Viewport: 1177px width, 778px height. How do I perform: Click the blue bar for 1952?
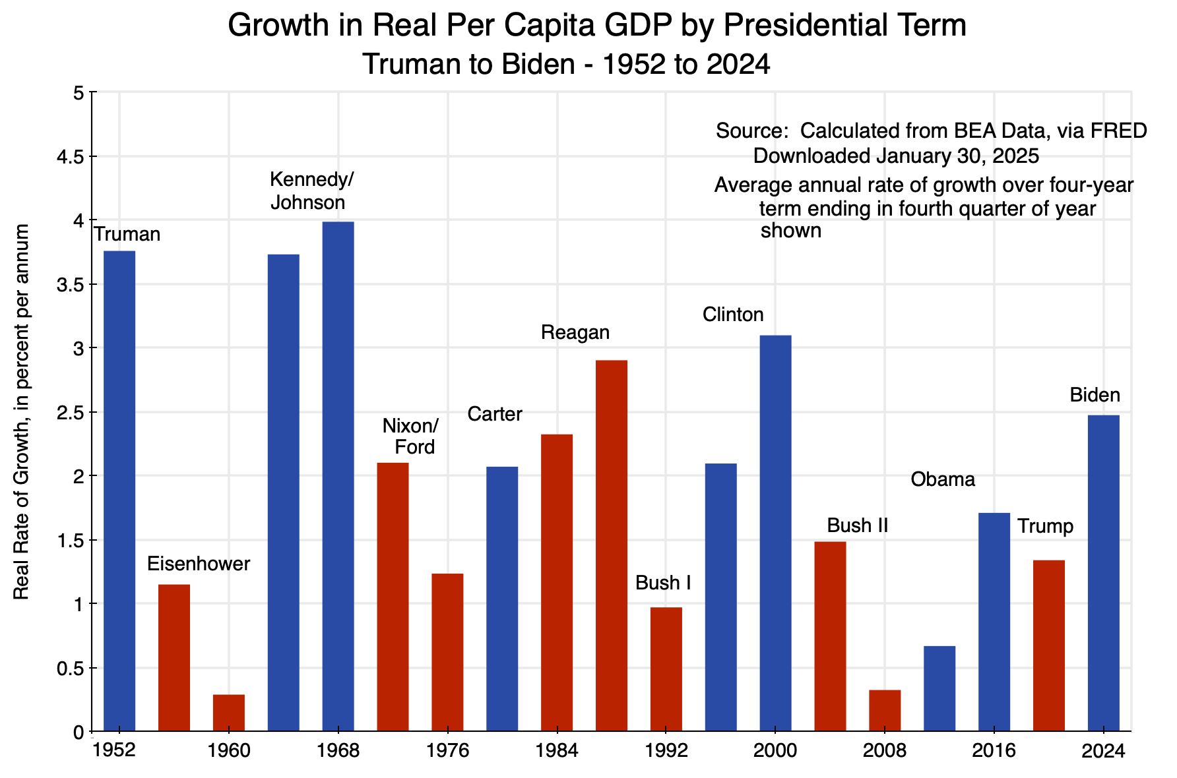point(119,491)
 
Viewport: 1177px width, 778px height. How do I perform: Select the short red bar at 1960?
point(229,713)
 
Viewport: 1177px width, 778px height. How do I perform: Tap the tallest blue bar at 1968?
point(338,476)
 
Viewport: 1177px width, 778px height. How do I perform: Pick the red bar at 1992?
point(666,669)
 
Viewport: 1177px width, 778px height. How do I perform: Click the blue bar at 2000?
point(775,533)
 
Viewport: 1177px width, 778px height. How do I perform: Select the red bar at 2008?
point(885,711)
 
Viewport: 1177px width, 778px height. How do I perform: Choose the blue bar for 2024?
point(1103,573)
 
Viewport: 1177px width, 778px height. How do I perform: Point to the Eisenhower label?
point(199,564)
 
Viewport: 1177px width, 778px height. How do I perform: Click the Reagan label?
point(575,332)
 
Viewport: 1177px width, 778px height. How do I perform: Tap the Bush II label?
point(857,525)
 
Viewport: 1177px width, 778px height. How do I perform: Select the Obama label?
point(943,479)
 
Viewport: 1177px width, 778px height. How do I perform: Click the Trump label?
point(1045,526)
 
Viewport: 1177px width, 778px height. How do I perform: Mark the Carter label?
point(495,414)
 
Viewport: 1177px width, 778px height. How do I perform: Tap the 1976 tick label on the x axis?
point(447,751)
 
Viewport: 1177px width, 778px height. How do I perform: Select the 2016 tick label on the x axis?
point(994,751)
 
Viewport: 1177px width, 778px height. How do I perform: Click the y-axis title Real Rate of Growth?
point(22,412)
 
